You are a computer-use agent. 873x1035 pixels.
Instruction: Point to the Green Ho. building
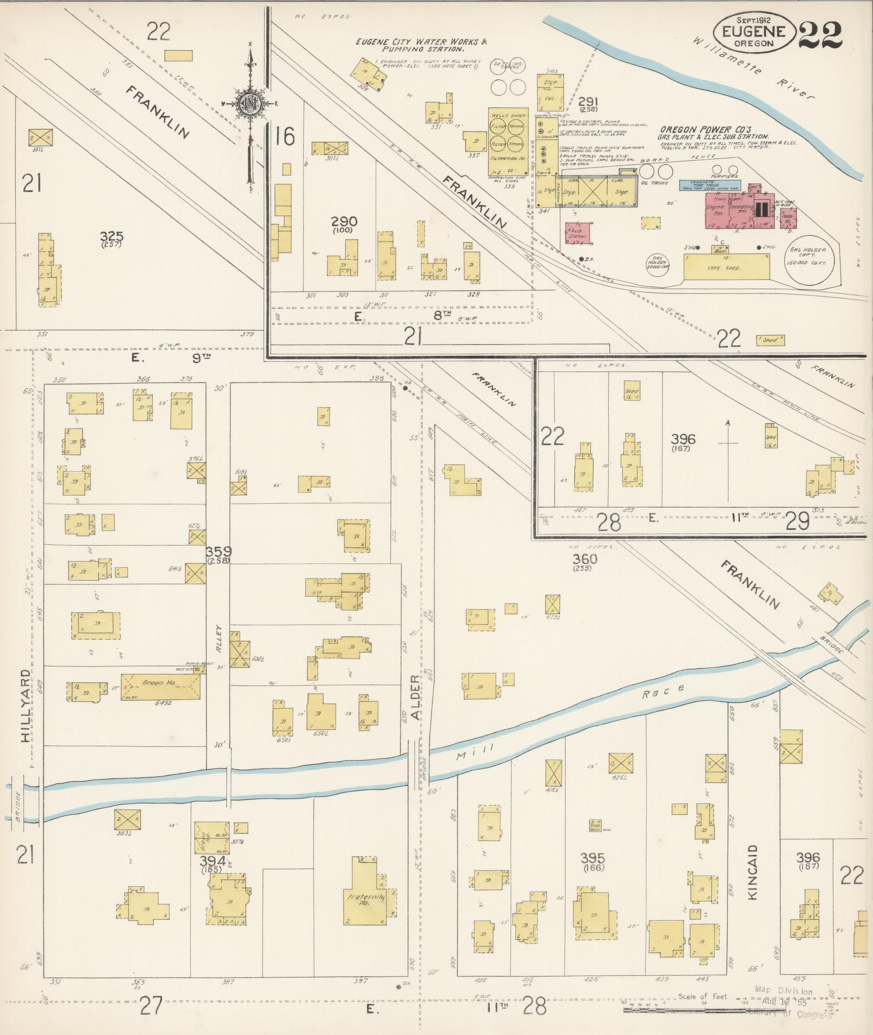pyautogui.click(x=160, y=687)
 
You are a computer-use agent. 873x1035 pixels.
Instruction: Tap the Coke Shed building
pyautogui.click(x=727, y=268)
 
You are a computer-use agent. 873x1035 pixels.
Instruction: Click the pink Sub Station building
pyautogui.click(x=577, y=234)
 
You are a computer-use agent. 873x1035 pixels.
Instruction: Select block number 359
pyautogui.click(x=218, y=552)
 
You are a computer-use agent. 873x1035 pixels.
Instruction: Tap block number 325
pyautogui.click(x=111, y=236)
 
